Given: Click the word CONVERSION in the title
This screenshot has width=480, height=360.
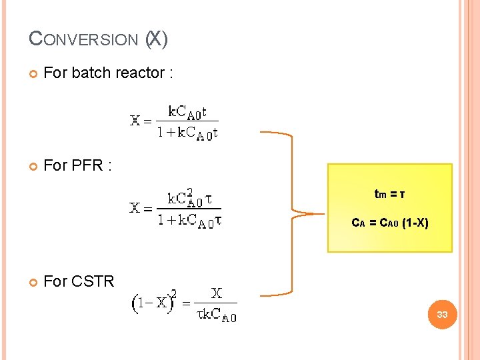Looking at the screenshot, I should click(x=83, y=40).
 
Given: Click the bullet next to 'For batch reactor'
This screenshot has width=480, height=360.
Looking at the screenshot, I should click(x=33, y=73).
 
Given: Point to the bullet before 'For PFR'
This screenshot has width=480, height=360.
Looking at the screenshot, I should click(x=33, y=165).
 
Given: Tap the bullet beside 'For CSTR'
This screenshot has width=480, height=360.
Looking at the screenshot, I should click(x=33, y=281).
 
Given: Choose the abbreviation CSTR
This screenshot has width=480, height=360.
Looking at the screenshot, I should click(x=93, y=281).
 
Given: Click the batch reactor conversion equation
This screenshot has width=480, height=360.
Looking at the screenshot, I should click(x=174, y=121).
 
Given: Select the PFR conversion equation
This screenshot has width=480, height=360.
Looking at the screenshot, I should click(x=175, y=209).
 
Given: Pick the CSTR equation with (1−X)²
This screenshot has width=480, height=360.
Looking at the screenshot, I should click(x=184, y=304).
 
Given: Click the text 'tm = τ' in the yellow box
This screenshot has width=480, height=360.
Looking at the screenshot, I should click(x=389, y=195).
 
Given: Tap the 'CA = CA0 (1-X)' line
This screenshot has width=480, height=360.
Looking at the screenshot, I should click(x=389, y=223).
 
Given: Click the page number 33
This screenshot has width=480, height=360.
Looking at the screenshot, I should click(x=441, y=314).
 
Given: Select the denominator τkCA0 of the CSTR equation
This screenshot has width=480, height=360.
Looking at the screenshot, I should click(x=216, y=315).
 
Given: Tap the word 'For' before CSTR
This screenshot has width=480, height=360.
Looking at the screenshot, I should click(x=55, y=281).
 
